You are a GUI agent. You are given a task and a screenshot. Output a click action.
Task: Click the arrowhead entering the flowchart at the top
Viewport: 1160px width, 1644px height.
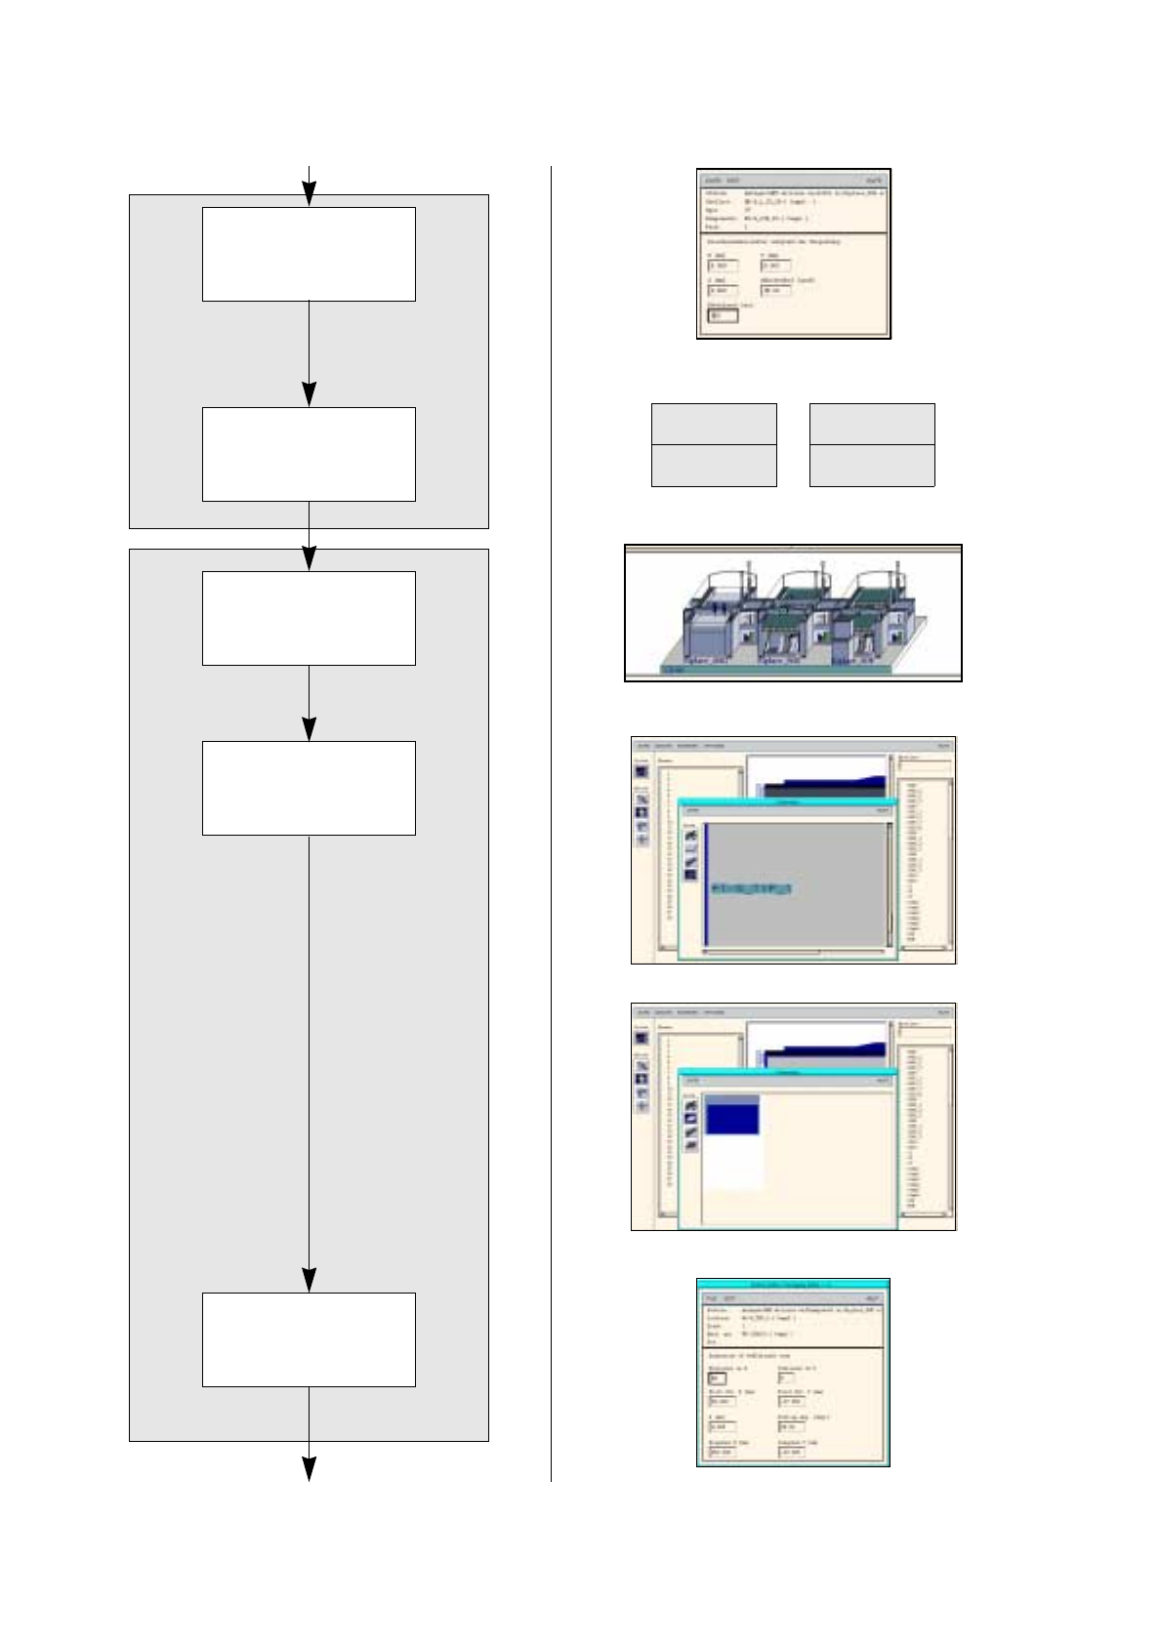[309, 194]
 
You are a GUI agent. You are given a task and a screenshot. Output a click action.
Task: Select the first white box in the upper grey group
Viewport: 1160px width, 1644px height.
[309, 254]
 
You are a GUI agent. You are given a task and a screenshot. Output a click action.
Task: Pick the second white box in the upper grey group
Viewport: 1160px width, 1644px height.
[309, 454]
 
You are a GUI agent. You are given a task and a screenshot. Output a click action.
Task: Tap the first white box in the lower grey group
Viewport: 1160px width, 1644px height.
[309, 618]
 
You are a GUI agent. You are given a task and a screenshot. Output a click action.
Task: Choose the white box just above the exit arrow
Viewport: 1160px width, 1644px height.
[309, 1339]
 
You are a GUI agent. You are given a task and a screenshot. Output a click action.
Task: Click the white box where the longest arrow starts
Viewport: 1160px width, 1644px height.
[309, 788]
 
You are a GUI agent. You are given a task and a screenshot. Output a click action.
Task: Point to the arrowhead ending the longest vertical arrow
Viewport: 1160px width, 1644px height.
[309, 1280]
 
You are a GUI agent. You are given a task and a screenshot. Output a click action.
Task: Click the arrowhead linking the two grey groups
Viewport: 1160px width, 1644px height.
[309, 558]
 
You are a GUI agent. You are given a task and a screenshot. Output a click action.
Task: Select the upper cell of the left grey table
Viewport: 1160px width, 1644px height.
[714, 424]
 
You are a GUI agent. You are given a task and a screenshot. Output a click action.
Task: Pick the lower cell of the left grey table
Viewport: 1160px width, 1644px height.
[714, 466]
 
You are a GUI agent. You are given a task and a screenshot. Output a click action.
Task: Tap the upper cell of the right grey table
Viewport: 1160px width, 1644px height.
[872, 424]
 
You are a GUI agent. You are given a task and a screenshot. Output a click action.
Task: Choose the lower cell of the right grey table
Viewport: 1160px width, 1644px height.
[872, 466]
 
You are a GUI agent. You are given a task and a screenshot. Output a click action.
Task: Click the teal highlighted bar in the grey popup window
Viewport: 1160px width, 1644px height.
[751, 889]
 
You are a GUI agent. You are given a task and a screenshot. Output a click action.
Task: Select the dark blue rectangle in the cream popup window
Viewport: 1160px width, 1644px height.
[732, 1119]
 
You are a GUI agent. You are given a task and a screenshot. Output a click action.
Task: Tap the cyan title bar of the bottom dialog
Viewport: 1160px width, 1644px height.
[792, 1285]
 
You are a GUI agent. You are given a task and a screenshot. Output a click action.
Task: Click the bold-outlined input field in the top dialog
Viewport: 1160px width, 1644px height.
[723, 315]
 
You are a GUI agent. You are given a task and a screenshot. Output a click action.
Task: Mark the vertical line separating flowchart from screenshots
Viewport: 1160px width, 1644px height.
[551, 820]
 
